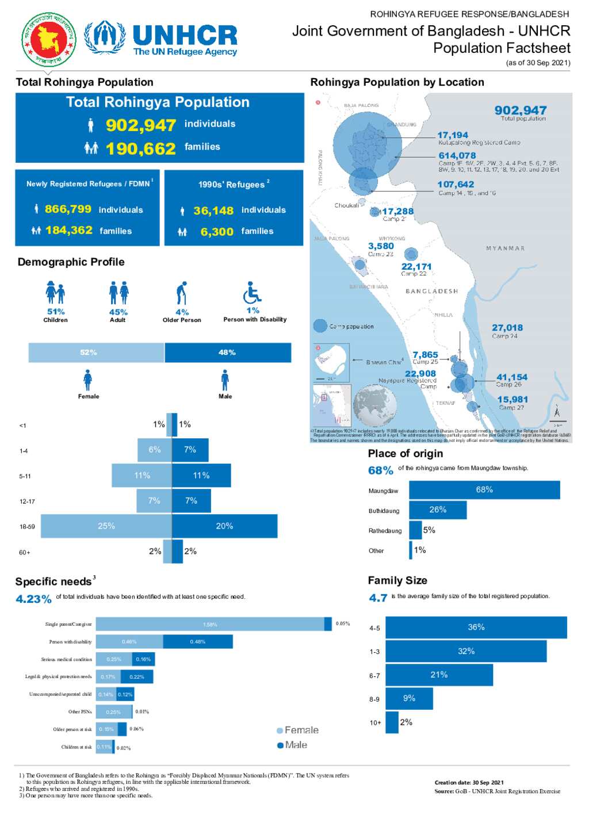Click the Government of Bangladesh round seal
pyautogui.click(x=49, y=39)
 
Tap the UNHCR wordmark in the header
pyautogui.click(x=185, y=35)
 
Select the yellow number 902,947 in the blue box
pyautogui.click(x=141, y=125)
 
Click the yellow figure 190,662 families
pyautogui.click(x=141, y=148)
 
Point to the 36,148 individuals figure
pyautogui.click(x=213, y=211)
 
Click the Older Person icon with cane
pyautogui.click(x=182, y=293)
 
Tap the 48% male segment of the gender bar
pyautogui.click(x=228, y=353)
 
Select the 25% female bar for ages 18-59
pyautogui.click(x=106, y=526)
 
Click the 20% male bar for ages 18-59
pyautogui.click(x=224, y=526)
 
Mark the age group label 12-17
pyautogui.click(x=27, y=502)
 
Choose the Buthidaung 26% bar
pyautogui.click(x=437, y=510)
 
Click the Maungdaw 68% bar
pyautogui.click(x=484, y=490)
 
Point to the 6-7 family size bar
pyautogui.click(x=439, y=675)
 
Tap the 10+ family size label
pyautogui.click(x=375, y=722)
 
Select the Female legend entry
pyautogui.click(x=297, y=730)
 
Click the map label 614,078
pyautogui.click(x=457, y=155)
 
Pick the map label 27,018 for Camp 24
pyautogui.click(x=507, y=327)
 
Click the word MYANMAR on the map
pyautogui.click(x=505, y=248)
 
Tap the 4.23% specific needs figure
pyautogui.click(x=33, y=599)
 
